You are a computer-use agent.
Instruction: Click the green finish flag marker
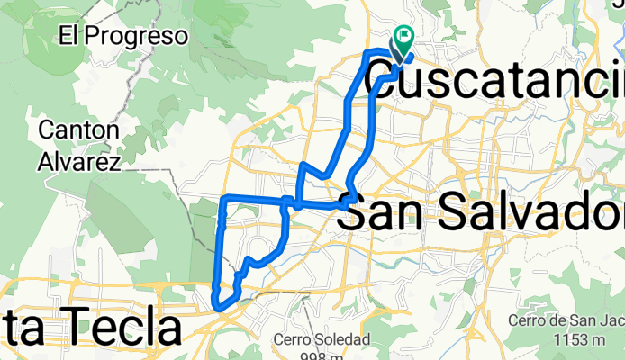pos(403,40)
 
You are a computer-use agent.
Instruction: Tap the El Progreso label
pos(123,37)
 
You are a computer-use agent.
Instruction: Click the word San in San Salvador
pos(388,213)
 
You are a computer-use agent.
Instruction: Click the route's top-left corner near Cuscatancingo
pos(367,54)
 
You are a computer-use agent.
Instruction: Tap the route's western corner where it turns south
pos(224,198)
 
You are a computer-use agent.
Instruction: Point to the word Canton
pos(78,130)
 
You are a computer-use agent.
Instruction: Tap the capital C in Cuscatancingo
pos(411,76)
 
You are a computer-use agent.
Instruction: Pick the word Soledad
pos(340,340)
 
